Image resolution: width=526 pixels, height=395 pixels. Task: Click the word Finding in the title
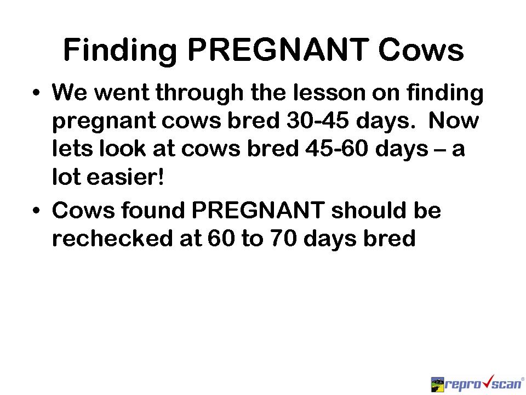click(120, 50)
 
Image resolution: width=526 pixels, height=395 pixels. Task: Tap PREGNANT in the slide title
click(278, 50)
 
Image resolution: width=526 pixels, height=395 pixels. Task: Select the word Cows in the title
click(421, 50)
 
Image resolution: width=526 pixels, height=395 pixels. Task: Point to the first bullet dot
click(36, 92)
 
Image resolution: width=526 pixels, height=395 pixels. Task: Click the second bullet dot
click(36, 211)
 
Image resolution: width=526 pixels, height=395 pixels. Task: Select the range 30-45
click(318, 120)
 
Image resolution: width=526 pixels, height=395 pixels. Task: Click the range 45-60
click(337, 149)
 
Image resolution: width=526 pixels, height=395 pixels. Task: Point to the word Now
click(454, 120)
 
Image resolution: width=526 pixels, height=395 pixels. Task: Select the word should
click(368, 210)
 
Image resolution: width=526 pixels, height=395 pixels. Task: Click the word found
click(153, 210)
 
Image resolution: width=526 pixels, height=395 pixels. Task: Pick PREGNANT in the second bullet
click(258, 210)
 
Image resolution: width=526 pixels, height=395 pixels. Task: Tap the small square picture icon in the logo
click(437, 384)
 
